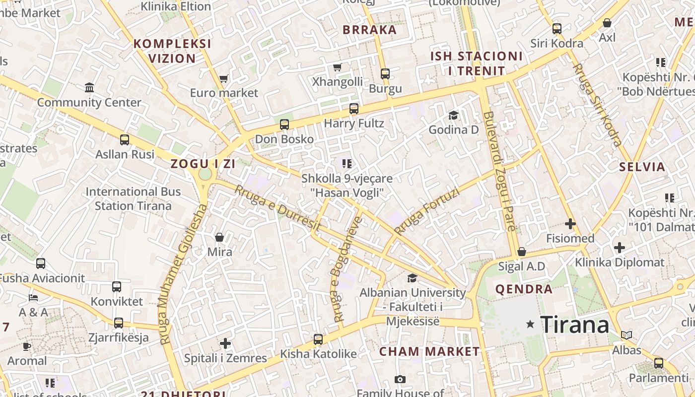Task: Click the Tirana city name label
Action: (x=574, y=325)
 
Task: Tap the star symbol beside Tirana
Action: (x=530, y=324)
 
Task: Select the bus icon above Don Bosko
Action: (x=284, y=125)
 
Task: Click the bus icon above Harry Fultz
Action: (x=353, y=108)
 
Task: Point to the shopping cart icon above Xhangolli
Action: (x=338, y=67)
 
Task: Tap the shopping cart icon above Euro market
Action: (x=224, y=78)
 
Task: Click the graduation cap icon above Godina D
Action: (x=453, y=116)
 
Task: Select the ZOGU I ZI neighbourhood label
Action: (x=203, y=163)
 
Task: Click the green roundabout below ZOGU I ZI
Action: (x=205, y=175)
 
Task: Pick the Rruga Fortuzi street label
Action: (x=419, y=211)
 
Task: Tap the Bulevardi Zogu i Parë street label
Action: (x=499, y=171)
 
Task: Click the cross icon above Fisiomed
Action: (x=570, y=224)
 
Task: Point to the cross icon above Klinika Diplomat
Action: (x=619, y=247)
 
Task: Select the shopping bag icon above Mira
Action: (x=219, y=237)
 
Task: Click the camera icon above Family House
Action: (x=400, y=380)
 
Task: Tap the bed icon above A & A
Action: (x=33, y=298)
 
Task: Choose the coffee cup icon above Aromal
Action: (x=27, y=346)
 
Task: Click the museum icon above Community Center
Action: (x=89, y=88)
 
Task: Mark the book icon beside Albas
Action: (x=626, y=335)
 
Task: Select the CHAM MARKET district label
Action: (x=429, y=352)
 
